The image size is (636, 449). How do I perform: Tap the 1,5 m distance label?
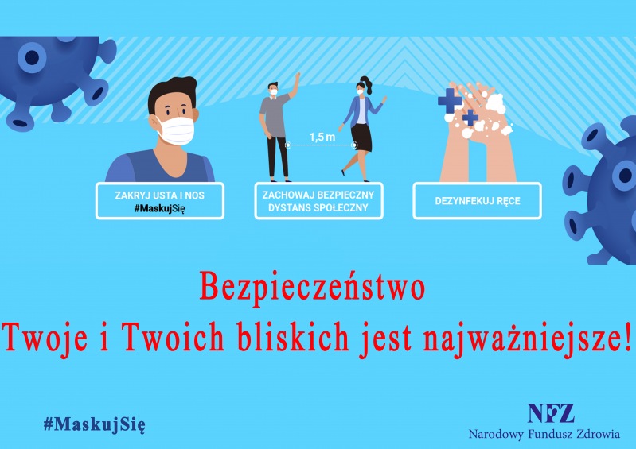pyautogui.click(x=322, y=137)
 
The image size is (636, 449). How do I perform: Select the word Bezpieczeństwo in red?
pyautogui.click(x=312, y=287)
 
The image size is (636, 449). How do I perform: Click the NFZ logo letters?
pyautogui.click(x=551, y=413)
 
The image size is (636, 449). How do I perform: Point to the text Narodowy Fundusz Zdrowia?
pyautogui.click(x=544, y=435)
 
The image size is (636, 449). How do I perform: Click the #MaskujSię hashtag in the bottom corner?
pyautogui.click(x=94, y=424)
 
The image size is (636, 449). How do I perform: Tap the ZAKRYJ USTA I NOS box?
pyautogui.click(x=160, y=201)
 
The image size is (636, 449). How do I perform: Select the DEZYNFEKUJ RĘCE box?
pyautogui.click(x=477, y=201)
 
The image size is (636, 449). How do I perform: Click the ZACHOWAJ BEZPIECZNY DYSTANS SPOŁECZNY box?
pyautogui.click(x=318, y=201)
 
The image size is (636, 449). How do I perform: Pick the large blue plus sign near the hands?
pyautogui.click(x=450, y=100)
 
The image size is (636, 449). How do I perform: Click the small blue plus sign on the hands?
pyautogui.click(x=470, y=118)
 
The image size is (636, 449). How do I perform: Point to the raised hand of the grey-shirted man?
pyautogui.click(x=298, y=78)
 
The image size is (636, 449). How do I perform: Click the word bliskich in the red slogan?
pyautogui.click(x=293, y=337)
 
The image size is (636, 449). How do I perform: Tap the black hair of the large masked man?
pyautogui.click(x=173, y=92)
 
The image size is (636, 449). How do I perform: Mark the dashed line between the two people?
pyautogui.click(x=321, y=145)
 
